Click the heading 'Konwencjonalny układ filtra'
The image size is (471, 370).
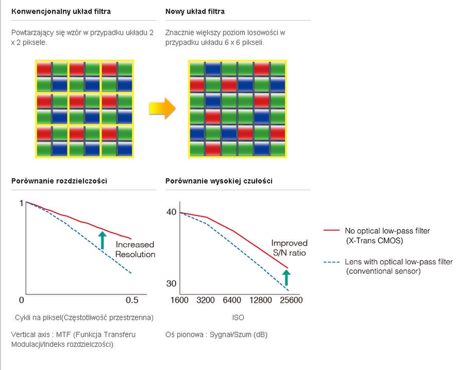[61, 12]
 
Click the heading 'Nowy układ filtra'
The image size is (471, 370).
[195, 12]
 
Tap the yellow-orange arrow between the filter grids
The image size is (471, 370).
[162, 108]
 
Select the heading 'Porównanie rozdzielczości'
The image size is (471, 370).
[59, 181]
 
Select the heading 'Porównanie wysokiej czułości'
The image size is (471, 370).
[219, 181]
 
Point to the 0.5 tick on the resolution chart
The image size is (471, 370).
[132, 300]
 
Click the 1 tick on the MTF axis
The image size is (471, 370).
[21, 204]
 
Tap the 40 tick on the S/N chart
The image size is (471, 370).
[172, 212]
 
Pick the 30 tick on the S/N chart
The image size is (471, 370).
[171, 283]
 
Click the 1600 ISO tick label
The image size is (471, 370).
[179, 300]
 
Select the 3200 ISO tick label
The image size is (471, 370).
[206, 300]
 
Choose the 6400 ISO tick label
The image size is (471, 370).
[232, 300]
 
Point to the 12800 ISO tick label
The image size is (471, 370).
[260, 300]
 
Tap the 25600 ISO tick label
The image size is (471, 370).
[291, 300]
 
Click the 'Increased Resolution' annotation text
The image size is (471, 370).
[135, 249]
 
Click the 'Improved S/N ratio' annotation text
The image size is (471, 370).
[289, 248]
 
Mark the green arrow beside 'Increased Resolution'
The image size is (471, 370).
[103, 240]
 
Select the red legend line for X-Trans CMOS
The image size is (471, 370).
[332, 230]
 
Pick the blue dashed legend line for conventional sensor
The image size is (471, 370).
[332, 262]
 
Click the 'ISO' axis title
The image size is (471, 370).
[238, 317]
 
